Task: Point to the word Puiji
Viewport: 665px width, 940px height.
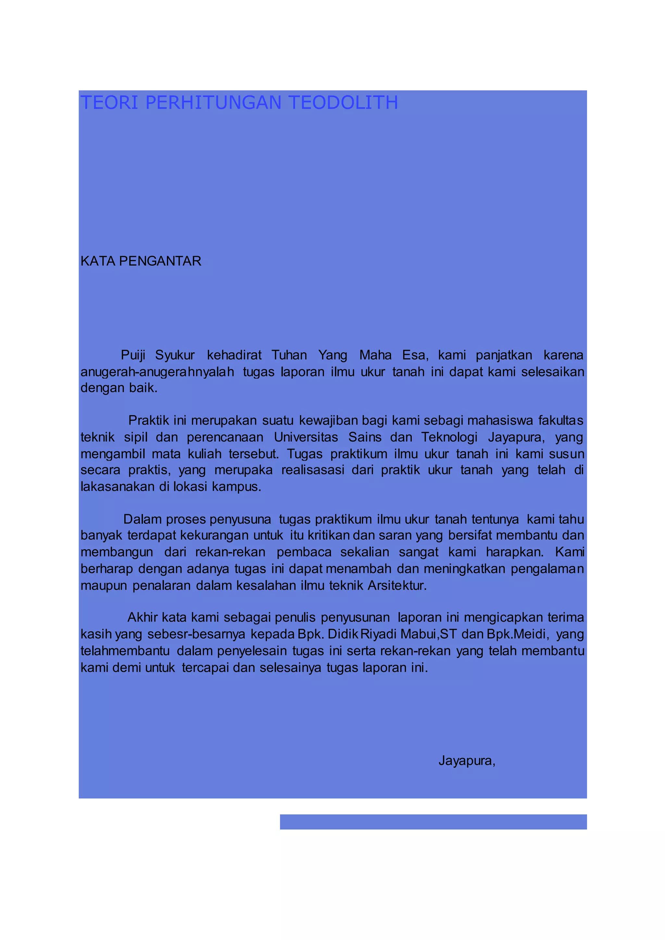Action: point(133,355)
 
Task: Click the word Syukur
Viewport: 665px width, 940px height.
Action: point(175,355)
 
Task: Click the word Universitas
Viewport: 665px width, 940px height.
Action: point(306,437)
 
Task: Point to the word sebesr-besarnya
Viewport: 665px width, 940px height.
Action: point(196,634)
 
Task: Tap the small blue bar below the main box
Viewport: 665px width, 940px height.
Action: point(433,822)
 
